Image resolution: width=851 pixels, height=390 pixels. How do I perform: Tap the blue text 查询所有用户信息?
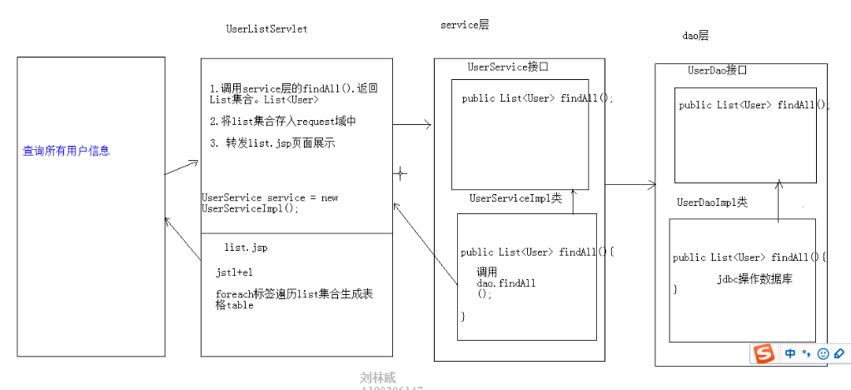[67, 151]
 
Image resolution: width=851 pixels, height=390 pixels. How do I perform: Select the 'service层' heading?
[465, 25]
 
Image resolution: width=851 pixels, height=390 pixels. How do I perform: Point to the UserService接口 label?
[508, 67]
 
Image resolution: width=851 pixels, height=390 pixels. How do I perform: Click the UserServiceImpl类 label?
[515, 198]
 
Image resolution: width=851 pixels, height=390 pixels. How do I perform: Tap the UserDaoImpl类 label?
[712, 202]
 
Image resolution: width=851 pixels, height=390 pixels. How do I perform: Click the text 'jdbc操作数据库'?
[754, 279]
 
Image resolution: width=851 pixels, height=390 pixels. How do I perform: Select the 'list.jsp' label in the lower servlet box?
[246, 247]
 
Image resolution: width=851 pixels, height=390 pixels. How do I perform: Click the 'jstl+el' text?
[234, 272]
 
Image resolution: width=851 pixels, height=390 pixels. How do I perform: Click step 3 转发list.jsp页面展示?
[272, 143]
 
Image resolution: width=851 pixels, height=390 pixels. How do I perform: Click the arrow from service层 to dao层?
[630, 184]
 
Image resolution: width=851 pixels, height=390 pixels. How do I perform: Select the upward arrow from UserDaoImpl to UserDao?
[779, 201]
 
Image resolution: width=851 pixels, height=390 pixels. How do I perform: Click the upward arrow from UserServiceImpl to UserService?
[574, 202]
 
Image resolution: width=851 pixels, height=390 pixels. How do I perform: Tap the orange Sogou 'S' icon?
[764, 353]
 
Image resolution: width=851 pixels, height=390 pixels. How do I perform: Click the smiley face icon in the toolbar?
[823, 353]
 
